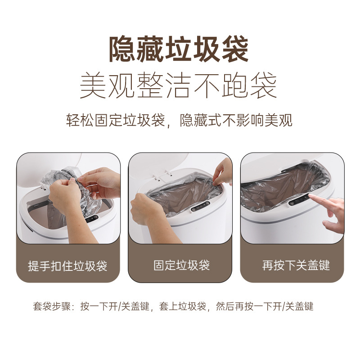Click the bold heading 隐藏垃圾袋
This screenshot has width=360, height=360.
coord(179,49)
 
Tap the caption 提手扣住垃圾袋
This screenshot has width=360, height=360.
coord(67,265)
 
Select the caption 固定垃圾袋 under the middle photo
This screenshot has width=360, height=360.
coord(181,265)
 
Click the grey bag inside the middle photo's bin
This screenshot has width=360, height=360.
coord(180,198)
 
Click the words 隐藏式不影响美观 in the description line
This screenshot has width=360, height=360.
coord(236,121)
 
